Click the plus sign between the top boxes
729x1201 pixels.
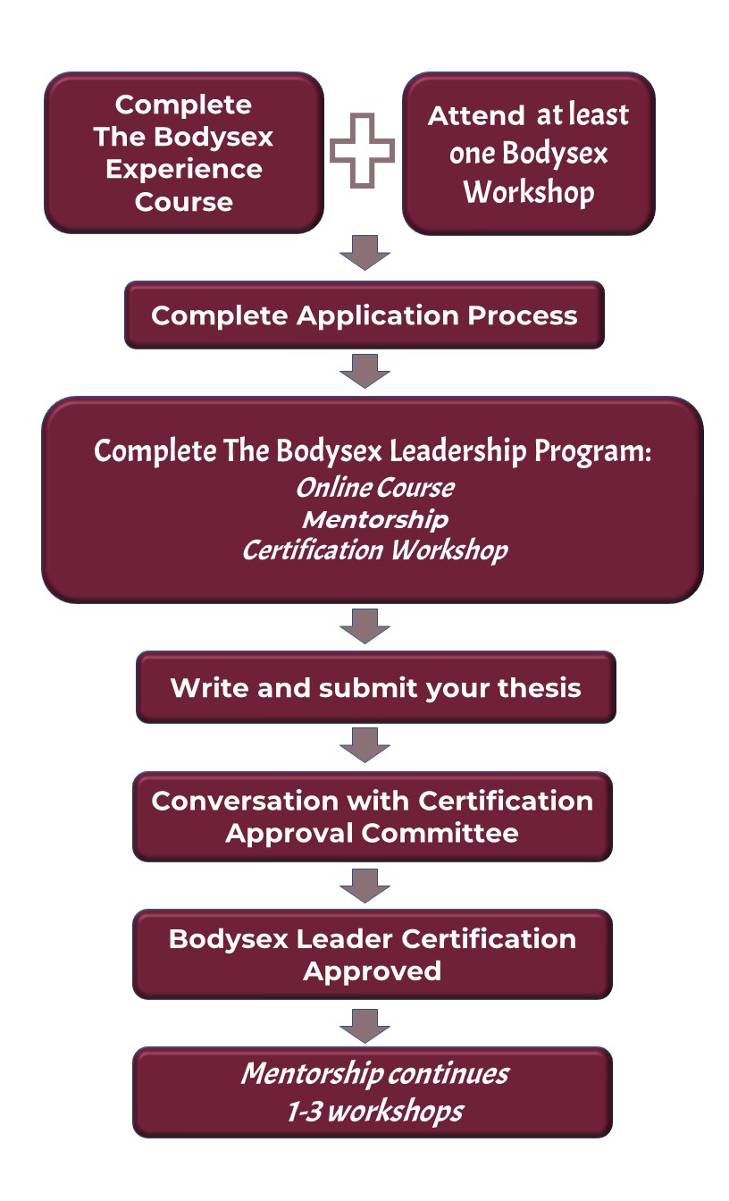coord(363,151)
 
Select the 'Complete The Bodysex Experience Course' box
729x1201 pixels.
coord(183,153)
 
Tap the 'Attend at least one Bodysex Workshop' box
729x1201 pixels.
coord(528,153)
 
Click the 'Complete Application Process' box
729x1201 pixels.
coord(364,315)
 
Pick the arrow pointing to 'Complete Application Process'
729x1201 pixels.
coord(364,254)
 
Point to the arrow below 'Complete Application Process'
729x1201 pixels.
coord(364,371)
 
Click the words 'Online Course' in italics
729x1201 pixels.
coord(374,488)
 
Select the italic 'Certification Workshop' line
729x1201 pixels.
coord(374,549)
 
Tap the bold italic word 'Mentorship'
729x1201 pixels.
coord(374,519)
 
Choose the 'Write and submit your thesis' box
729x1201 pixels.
coord(375,687)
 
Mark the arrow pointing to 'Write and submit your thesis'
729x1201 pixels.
coord(364,626)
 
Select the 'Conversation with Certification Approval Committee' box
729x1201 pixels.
coord(372,817)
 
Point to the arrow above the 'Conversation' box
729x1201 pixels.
coord(364,744)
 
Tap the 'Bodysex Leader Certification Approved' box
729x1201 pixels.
coord(372,954)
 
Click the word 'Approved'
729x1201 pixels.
coord(372,971)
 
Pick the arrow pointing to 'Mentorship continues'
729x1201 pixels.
coord(364,1024)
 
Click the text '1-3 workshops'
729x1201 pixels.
coord(374,1111)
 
